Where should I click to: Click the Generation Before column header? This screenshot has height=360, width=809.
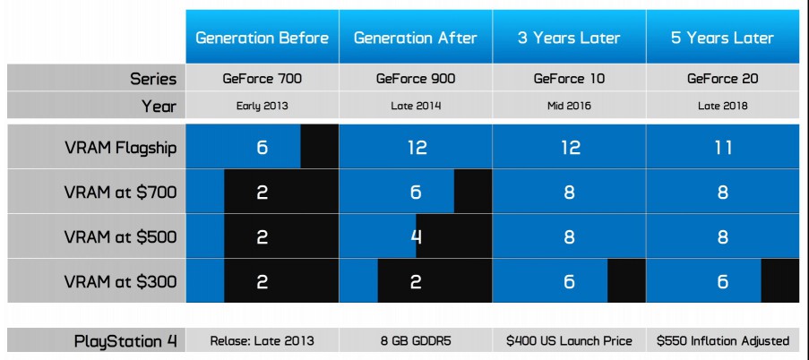pyautogui.click(x=262, y=38)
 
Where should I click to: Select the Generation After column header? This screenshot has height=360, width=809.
pyautogui.click(x=416, y=38)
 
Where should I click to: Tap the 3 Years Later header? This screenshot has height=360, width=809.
pyautogui.click(x=569, y=38)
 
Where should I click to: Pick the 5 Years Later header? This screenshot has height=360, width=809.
pyautogui.click(x=722, y=38)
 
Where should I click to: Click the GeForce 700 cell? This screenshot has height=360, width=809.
pyautogui.click(x=262, y=79)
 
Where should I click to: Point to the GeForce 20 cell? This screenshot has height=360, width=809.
pyautogui.click(x=722, y=79)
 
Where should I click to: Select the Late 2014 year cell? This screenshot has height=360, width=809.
pyautogui.click(x=416, y=107)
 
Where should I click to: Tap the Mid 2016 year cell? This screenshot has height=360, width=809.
pyautogui.click(x=569, y=107)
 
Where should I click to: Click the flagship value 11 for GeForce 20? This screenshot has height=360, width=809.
pyautogui.click(x=722, y=148)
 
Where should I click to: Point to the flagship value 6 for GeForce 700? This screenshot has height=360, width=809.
pyautogui.click(x=262, y=148)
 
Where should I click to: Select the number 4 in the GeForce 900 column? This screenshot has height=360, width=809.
pyautogui.click(x=416, y=236)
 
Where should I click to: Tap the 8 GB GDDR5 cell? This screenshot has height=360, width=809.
pyautogui.click(x=416, y=341)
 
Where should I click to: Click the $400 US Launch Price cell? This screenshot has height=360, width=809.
pyautogui.click(x=569, y=341)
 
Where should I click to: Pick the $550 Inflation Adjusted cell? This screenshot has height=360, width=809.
pyautogui.click(x=722, y=341)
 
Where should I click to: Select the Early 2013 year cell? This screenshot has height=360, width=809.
pyautogui.click(x=262, y=107)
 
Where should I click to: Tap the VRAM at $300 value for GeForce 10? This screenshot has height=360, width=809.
pyautogui.click(x=569, y=281)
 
